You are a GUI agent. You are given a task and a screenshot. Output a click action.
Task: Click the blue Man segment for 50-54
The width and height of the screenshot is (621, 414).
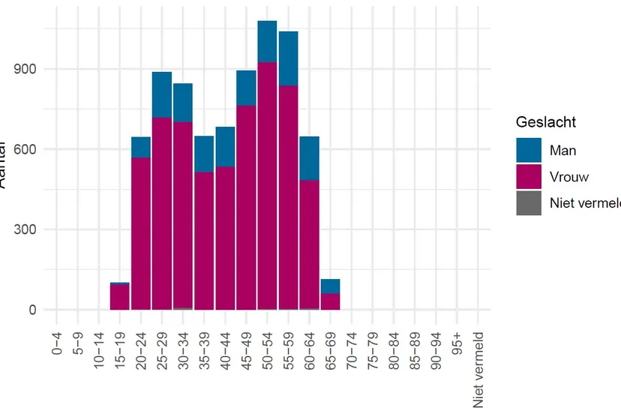267,41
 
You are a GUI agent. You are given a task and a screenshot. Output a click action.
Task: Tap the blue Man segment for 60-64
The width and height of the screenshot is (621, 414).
309,158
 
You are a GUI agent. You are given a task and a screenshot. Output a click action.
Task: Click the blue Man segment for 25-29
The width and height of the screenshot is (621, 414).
162,94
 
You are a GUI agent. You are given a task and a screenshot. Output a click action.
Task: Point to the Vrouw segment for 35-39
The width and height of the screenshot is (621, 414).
204,240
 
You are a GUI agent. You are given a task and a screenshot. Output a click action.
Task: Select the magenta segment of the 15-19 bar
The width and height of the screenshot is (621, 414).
120,296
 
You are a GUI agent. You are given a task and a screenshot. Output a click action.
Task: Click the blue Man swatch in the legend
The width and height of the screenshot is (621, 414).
529,150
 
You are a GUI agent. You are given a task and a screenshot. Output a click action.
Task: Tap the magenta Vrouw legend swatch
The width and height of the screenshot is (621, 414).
529,177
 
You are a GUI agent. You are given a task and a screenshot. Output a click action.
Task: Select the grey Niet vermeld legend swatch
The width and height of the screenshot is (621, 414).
529,203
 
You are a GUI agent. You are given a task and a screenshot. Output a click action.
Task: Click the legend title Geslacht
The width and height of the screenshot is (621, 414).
546,122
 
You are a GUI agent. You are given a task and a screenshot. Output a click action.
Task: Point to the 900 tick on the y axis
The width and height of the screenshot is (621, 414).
22,69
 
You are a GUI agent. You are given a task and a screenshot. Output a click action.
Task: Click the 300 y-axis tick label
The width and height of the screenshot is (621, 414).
22,229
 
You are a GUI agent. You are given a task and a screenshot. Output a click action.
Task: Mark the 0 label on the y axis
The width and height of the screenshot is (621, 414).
31,310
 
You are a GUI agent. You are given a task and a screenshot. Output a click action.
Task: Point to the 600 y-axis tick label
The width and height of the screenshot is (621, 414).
22,149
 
